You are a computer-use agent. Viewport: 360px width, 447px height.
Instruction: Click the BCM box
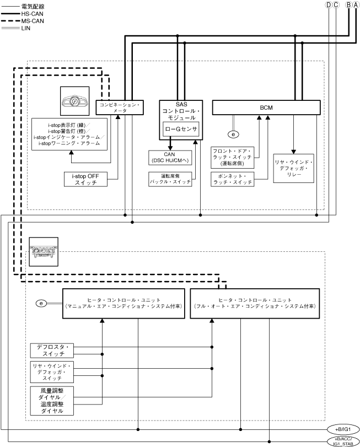(266, 107)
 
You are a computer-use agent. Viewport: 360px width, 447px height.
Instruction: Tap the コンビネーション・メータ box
(120, 107)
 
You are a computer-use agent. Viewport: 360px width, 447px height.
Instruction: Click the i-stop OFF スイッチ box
(84, 179)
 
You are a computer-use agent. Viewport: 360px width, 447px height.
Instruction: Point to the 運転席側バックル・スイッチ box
(170, 179)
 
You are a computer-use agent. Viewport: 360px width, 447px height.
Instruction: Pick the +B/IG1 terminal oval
(344, 429)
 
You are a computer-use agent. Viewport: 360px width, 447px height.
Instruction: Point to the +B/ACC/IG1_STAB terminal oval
(344, 440)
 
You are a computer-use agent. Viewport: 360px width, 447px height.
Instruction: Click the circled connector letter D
(329, 4)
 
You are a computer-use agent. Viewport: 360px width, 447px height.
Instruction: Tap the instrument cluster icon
(74, 102)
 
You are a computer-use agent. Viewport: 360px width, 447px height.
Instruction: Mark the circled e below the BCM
(234, 134)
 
